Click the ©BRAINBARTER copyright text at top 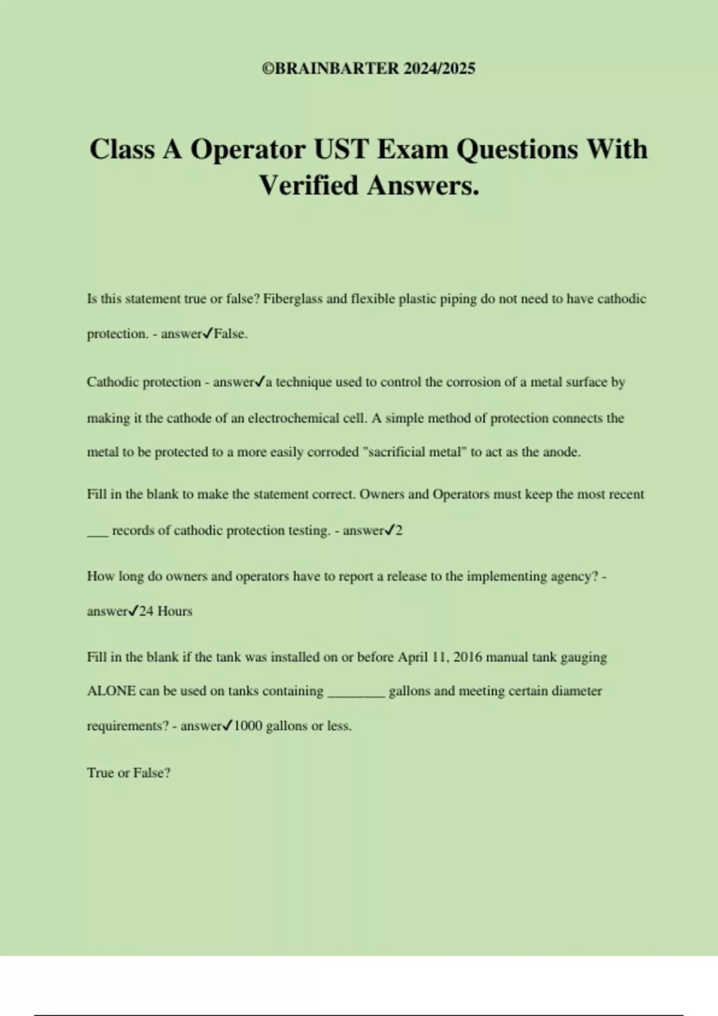330,69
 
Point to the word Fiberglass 293,299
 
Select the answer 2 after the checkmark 399,530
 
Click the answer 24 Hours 166,611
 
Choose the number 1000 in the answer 248,726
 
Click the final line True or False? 129,773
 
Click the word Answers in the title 423,185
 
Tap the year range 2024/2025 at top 439,69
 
